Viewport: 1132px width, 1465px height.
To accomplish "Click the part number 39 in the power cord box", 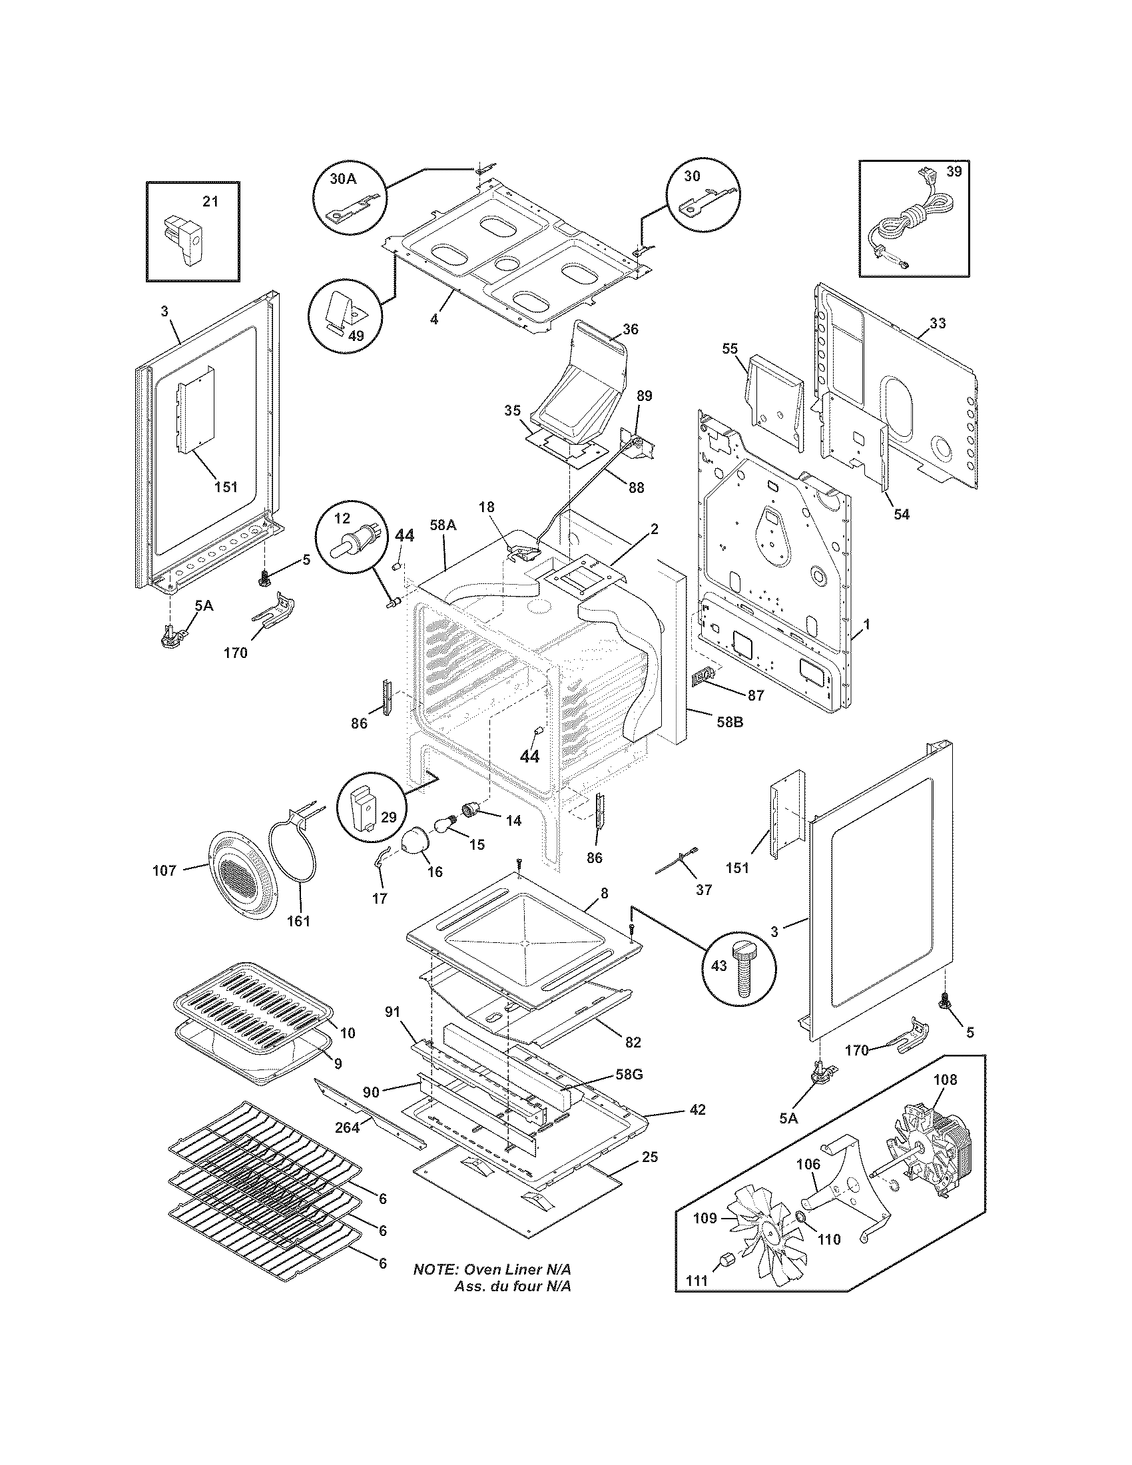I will [x=954, y=172].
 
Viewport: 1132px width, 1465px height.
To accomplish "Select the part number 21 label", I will [x=210, y=201].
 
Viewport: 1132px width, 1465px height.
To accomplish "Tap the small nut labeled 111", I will [x=727, y=1261].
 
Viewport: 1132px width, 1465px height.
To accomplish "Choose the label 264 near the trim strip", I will [x=348, y=1127].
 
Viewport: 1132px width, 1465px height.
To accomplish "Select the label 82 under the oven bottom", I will [x=633, y=1041].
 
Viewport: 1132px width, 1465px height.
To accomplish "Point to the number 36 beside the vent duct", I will [x=631, y=330].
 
